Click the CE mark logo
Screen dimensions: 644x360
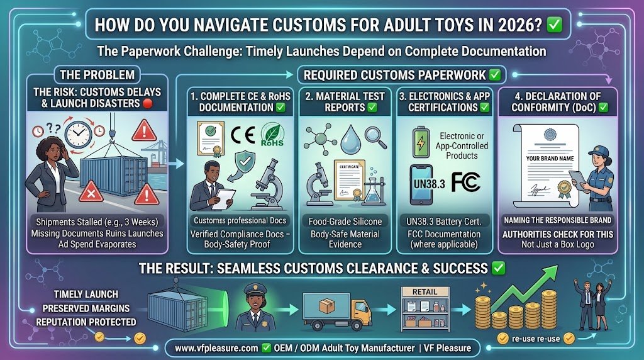(243, 135)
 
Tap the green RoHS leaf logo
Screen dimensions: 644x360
(272, 135)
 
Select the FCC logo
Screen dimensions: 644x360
(466, 182)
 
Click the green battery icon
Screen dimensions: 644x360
(420, 142)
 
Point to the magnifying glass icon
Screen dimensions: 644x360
(376, 137)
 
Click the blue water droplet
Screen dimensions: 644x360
(351, 139)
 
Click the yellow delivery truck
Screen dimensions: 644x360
(337, 311)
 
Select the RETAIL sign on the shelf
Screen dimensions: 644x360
(425, 292)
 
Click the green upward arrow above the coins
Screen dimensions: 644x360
(525, 287)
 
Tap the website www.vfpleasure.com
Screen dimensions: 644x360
(216, 348)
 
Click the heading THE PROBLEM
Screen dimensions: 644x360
(97, 75)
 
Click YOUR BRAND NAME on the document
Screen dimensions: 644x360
(550, 158)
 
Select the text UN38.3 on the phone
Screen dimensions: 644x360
(429, 184)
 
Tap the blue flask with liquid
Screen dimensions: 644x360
(374, 189)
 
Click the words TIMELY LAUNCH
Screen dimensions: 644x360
(86, 295)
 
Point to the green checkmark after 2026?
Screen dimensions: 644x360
(555, 25)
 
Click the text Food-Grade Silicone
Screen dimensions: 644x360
(345, 222)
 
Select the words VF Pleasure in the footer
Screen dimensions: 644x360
(448, 348)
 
